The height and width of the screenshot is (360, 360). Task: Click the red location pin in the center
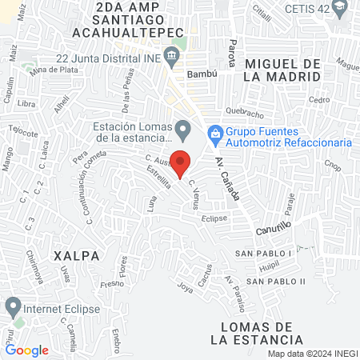pyautogui.click(x=181, y=162)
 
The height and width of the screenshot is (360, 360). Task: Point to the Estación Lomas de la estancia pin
pyautogui.click(x=184, y=128)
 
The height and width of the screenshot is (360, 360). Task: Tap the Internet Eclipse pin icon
pyautogui.click(x=13, y=306)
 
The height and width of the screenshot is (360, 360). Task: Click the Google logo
pyautogui.click(x=27, y=350)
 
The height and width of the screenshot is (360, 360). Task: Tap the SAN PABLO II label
pyautogui.click(x=276, y=281)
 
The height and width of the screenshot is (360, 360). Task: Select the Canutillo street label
pyautogui.click(x=274, y=230)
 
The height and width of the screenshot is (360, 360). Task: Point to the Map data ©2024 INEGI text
pyautogui.click(x=312, y=354)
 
